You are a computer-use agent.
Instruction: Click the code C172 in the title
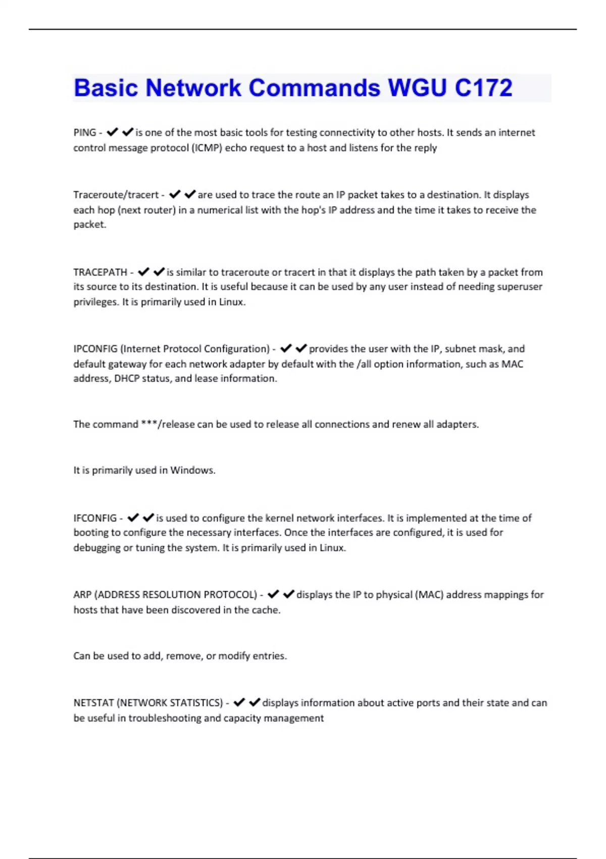click(x=483, y=87)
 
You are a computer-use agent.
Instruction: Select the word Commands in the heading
click(x=314, y=87)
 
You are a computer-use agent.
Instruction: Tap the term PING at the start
click(x=84, y=132)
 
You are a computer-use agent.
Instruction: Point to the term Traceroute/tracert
click(x=116, y=195)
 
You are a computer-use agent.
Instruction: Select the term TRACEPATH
click(x=100, y=272)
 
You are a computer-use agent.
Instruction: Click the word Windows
click(x=192, y=470)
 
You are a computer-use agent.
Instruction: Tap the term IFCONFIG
click(x=95, y=518)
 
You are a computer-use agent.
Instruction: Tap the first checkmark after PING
click(x=112, y=132)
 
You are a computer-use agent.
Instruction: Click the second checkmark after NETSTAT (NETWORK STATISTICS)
click(x=255, y=702)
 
